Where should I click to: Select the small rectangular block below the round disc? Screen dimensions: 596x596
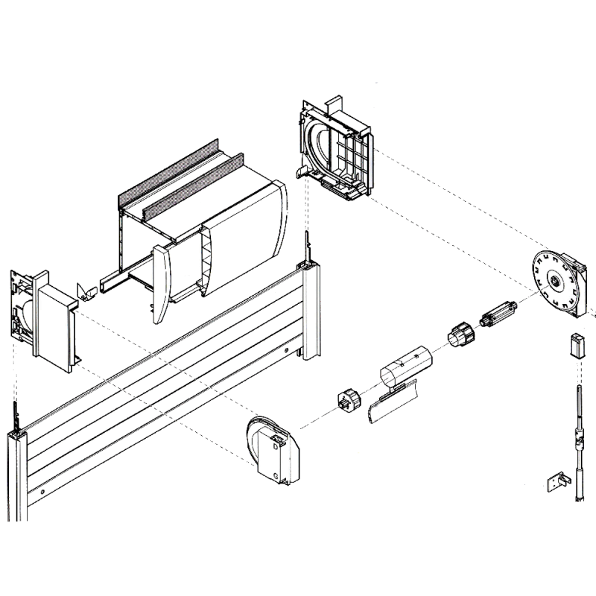pos(576,346)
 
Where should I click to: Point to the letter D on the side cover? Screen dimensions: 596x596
pos(275,448)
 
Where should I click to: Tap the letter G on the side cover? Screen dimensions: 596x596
pos(276,473)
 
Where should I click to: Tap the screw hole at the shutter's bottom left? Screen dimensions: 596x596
pos(43,492)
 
